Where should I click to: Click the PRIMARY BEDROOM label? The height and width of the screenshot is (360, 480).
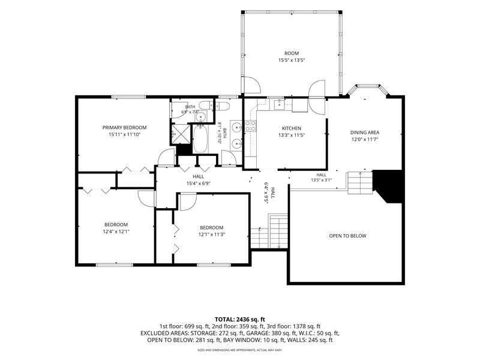[x=124, y=127]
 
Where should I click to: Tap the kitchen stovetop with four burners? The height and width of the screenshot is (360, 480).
[x=251, y=126]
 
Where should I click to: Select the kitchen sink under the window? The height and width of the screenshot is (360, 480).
[x=279, y=104]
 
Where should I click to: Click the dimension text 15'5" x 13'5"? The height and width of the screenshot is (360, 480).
[x=292, y=61]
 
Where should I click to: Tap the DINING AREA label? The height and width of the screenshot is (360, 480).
[x=365, y=132]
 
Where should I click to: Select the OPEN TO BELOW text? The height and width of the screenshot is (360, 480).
[x=347, y=236]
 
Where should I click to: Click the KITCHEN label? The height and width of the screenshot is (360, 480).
[x=292, y=128]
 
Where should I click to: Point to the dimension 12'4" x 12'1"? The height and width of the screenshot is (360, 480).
[x=116, y=232]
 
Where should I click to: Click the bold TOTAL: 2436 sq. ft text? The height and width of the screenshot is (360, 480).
[x=239, y=320]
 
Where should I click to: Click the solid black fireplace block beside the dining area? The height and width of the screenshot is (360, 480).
[x=388, y=186]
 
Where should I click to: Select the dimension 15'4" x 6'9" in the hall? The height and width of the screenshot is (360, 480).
[x=199, y=184]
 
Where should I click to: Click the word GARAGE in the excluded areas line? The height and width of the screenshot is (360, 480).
[x=257, y=333]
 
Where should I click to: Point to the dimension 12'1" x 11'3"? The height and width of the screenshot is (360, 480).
[x=212, y=235]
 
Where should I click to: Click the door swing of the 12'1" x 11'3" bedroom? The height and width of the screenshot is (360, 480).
[x=188, y=202]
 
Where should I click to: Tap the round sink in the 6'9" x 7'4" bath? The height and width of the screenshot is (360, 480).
[x=201, y=116]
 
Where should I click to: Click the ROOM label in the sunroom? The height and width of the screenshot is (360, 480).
[x=292, y=53]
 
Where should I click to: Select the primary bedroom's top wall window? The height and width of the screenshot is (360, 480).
[x=128, y=97]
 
